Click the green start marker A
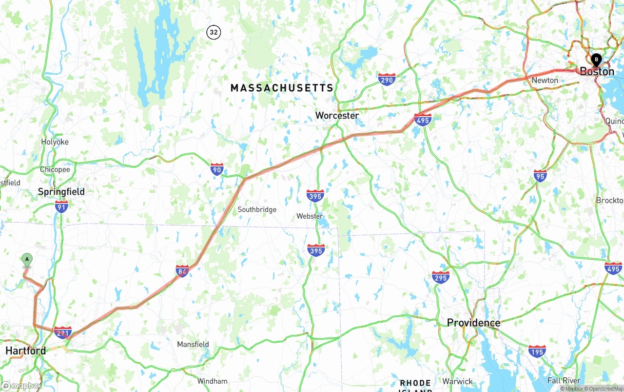pyautogui.click(x=27, y=259)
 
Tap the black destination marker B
pyautogui.click(x=596, y=60)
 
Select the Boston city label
pyautogui.click(x=597, y=72)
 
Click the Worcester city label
pyautogui.click(x=337, y=116)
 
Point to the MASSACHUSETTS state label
pyautogui.click(x=282, y=88)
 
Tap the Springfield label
pyautogui.click(x=61, y=192)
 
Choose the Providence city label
pyautogui.click(x=473, y=323)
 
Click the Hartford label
pyautogui.click(x=26, y=351)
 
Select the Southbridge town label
pyautogui.click(x=257, y=209)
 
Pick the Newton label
pyautogui.click(x=545, y=80)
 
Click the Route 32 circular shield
pyautogui.click(x=214, y=33)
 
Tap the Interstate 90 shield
pyautogui.click(x=217, y=169)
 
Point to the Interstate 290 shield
pyautogui.click(x=387, y=79)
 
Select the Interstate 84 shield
pyautogui.click(x=182, y=271)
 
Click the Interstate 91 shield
pyautogui.click(x=61, y=206)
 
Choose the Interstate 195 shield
pyautogui.click(x=537, y=351)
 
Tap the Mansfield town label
pyautogui.click(x=193, y=344)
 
